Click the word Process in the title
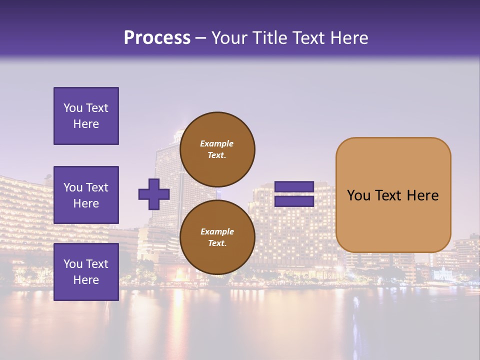pos(157,37)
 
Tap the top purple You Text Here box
pos(86,116)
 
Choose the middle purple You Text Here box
pos(86,195)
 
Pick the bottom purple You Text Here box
pos(86,272)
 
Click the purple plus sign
pos(154,194)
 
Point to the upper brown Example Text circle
pos(217,149)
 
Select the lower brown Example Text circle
pos(217,237)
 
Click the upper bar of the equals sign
pos(294,187)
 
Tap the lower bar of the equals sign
pos(294,201)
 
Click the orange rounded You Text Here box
pos(393,195)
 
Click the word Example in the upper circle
pos(217,143)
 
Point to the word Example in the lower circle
pos(217,231)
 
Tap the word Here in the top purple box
pos(86,124)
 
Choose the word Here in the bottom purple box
pos(86,280)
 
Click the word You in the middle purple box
pos(73,187)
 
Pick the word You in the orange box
pos(359,195)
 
